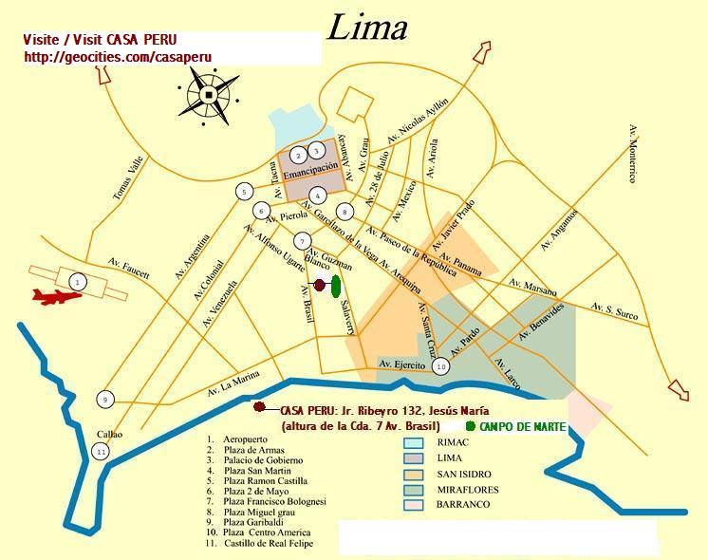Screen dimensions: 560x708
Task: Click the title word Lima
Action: click(x=367, y=28)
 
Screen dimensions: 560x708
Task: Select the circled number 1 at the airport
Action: click(x=78, y=281)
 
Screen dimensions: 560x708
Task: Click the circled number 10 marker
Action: click(x=440, y=366)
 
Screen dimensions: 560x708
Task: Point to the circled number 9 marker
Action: click(x=105, y=400)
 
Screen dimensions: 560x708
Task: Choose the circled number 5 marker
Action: click(x=245, y=192)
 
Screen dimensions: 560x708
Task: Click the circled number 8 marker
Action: click(x=345, y=211)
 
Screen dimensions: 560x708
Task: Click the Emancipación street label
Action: click(x=311, y=167)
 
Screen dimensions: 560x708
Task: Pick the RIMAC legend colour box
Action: click(x=413, y=443)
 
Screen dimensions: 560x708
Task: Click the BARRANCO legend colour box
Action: click(x=413, y=504)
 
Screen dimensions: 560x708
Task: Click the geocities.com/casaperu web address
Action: click(x=118, y=57)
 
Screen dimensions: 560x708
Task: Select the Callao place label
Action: click(x=109, y=434)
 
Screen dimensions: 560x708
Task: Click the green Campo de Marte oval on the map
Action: click(x=336, y=285)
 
